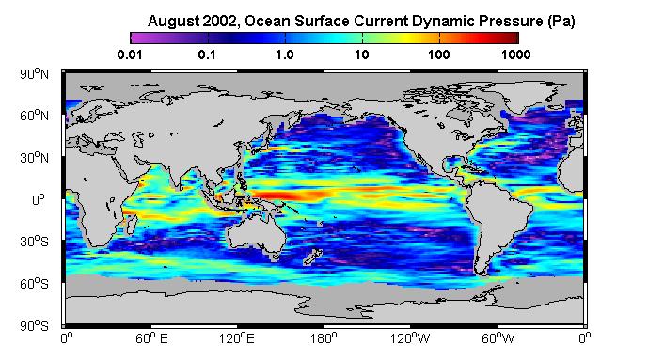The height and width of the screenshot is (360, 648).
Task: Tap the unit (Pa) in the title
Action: (561, 21)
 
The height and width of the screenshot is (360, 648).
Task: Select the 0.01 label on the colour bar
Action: (130, 55)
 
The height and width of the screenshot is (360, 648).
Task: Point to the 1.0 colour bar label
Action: (285, 55)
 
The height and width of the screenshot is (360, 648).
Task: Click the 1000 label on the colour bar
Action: (516, 55)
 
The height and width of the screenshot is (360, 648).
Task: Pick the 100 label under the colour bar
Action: (439, 55)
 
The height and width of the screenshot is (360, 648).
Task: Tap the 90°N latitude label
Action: (34, 74)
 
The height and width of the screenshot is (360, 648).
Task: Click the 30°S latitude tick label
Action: (34, 242)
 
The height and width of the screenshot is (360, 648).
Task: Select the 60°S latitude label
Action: (34, 284)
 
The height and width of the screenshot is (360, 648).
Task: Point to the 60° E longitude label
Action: (151, 338)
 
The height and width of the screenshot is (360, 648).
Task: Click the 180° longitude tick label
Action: (324, 338)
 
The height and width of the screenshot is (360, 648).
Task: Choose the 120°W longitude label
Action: (410, 338)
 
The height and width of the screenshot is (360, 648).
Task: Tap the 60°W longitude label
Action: (498, 338)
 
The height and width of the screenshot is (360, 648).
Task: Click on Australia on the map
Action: (256, 235)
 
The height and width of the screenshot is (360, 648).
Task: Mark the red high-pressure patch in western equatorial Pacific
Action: (290, 195)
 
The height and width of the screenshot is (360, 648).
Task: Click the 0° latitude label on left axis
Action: (39, 200)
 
